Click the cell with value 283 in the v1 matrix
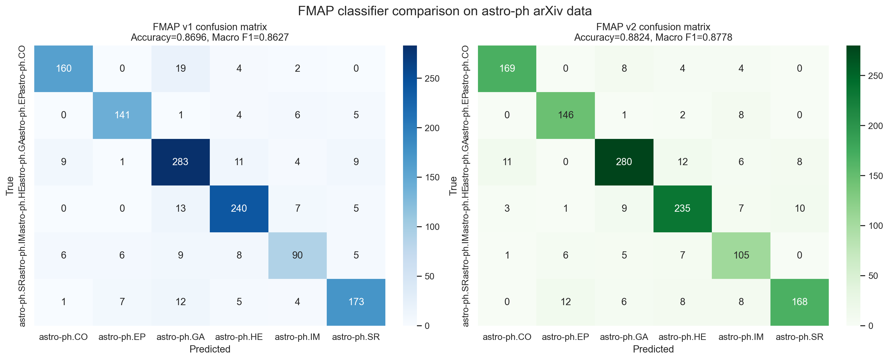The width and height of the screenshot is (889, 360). (180, 162)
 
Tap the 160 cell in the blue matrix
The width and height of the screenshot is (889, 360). (63, 68)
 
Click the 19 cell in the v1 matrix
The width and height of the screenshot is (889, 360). (180, 68)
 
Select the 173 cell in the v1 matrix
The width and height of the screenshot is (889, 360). (356, 302)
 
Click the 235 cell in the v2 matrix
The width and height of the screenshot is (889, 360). (682, 209)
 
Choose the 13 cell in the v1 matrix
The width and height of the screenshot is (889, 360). (180, 209)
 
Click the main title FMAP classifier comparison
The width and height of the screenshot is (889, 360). (445, 11)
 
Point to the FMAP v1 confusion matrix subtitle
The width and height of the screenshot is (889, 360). (210, 27)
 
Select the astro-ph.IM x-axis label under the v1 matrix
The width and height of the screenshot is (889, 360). (297, 337)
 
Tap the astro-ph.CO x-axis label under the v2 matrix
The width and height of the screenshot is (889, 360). (507, 337)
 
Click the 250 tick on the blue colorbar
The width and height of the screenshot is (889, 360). (432, 79)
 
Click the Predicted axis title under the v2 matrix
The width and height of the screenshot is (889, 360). (653, 349)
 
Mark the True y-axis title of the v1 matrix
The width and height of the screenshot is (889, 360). (10, 186)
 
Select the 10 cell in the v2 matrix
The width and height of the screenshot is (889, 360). (799, 209)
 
